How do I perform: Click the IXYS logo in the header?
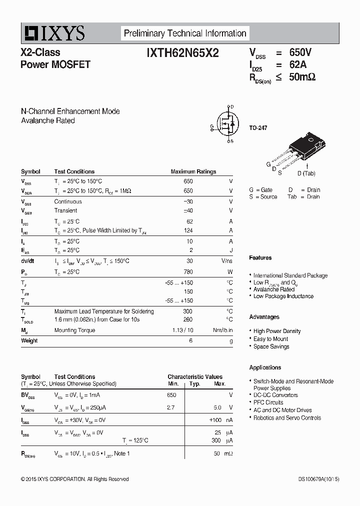53,34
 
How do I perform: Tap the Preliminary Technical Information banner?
185,33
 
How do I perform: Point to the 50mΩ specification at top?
302,76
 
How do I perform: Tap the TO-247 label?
258,128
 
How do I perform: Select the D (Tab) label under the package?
306,173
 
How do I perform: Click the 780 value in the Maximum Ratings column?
188,272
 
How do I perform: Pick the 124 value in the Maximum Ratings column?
188,230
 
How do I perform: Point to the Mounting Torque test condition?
74,330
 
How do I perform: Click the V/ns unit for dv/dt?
227,261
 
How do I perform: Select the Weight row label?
29,340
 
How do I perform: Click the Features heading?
260,258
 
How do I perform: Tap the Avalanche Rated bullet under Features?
273,289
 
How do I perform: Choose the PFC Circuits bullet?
268,402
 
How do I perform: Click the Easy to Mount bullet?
270,339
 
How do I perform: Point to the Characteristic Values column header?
195,377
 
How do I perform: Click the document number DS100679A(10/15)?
318,479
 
